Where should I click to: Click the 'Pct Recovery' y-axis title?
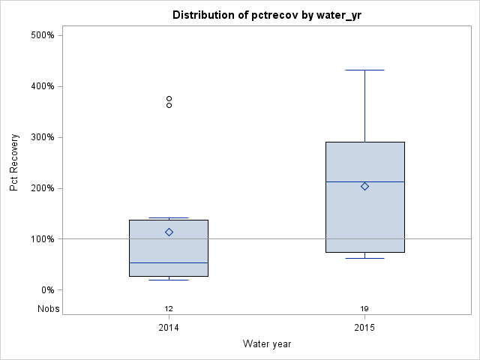[14, 163]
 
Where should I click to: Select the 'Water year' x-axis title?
[266, 344]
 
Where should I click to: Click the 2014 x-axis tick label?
[169, 328]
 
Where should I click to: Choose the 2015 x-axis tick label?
[364, 328]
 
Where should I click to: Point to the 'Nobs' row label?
[49, 308]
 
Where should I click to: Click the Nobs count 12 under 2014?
[169, 308]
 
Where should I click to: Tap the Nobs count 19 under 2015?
[364, 308]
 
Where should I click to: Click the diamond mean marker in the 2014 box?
[169, 232]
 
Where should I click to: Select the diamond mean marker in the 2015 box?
[364, 186]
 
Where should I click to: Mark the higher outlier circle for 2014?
[169, 98]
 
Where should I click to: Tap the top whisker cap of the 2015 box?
[364, 70]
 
